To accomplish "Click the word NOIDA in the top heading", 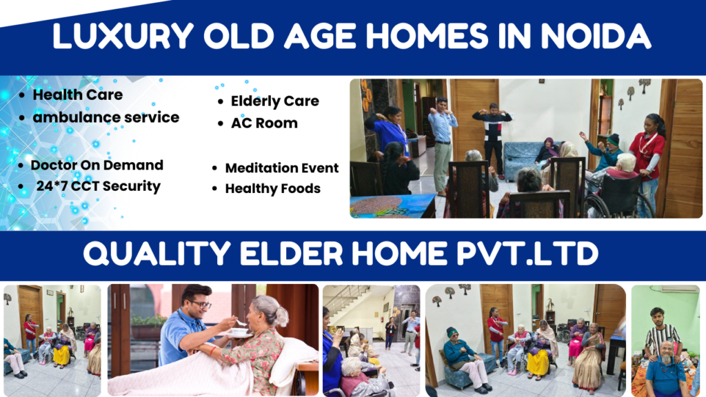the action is [x=595, y=36].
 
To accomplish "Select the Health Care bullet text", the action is [x=77, y=94].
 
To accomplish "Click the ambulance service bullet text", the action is [x=105, y=117].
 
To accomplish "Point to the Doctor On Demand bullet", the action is [x=97, y=165].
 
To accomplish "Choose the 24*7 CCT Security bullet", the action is [x=98, y=186].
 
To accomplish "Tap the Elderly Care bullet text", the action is [x=274, y=101].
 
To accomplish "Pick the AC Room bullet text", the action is [x=264, y=123].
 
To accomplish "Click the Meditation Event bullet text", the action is [x=282, y=168].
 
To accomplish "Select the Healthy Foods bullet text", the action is [x=273, y=189].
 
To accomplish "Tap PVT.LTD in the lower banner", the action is [x=527, y=254].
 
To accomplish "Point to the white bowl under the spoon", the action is [x=239, y=333].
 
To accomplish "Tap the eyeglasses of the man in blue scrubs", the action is [x=200, y=304].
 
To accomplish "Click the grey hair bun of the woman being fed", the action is [x=281, y=316].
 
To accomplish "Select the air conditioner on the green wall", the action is [x=679, y=289].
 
